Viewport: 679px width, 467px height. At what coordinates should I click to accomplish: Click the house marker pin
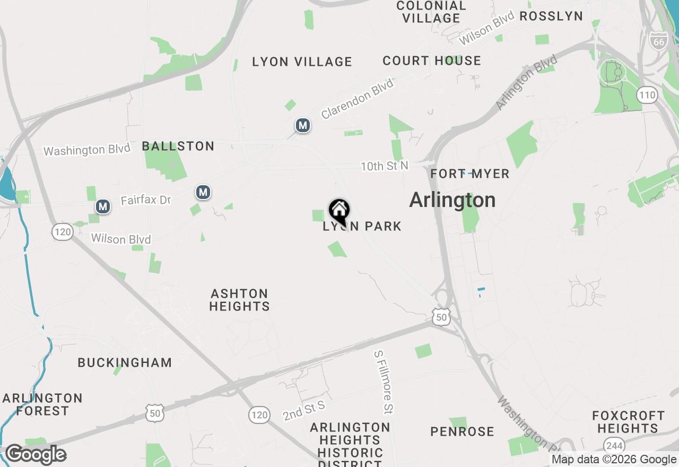coord(339,211)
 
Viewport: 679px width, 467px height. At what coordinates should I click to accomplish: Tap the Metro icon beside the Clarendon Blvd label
coord(303,126)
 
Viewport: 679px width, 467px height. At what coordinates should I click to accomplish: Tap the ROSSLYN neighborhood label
coord(551,16)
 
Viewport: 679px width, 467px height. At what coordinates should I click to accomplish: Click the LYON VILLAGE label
coord(302,62)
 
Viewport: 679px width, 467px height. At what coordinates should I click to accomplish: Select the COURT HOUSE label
coord(432,60)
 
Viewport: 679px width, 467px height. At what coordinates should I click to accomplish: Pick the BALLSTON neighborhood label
coord(178,146)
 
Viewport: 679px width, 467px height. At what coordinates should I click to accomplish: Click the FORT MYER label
coord(470,174)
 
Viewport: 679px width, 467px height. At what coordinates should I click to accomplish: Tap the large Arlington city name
coord(452,200)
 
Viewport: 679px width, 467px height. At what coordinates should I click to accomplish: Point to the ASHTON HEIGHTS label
coord(240,300)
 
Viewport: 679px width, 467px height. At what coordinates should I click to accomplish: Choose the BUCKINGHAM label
coord(125,363)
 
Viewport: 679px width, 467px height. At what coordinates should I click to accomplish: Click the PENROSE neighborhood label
coord(462,431)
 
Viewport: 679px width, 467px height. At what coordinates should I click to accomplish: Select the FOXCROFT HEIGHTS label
coord(629,422)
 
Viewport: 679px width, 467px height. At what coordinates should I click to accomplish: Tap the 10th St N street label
coord(385,166)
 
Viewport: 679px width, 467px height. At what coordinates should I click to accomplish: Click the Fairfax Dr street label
coord(146,200)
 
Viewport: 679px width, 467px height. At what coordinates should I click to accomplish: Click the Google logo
coord(36,455)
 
